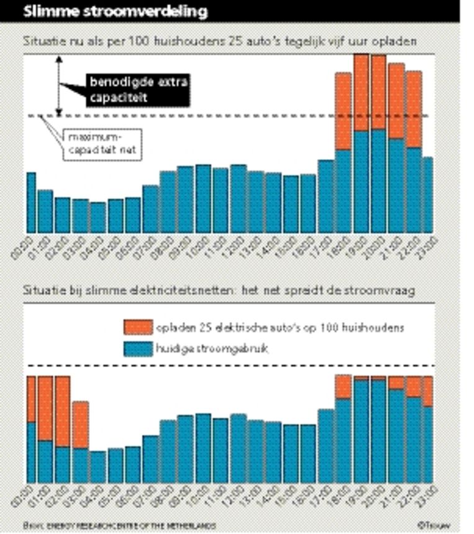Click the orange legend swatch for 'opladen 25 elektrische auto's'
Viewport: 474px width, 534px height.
[138, 327]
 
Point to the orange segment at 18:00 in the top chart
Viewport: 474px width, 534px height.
[344, 111]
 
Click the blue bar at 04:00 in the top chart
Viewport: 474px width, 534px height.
[98, 217]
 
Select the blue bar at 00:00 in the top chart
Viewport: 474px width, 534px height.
[30, 202]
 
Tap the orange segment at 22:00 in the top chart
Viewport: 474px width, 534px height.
[414, 109]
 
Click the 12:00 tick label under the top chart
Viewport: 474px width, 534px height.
[235, 244]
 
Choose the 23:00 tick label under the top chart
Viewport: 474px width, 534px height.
[429, 244]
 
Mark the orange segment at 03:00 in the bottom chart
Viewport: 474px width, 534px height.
[81, 425]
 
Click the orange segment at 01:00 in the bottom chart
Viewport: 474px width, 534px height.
[45, 408]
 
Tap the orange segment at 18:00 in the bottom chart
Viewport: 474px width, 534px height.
[344, 387]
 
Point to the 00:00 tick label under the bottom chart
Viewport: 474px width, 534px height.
[27, 494]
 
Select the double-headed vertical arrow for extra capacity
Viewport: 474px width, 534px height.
[59, 86]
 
